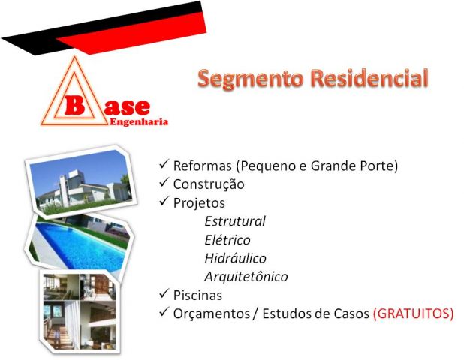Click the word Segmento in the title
tap(251, 79)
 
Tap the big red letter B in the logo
tap(74, 105)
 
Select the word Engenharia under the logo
tap(139, 122)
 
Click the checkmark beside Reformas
tap(164, 163)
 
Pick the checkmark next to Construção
tap(164, 182)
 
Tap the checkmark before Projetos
tap(164, 201)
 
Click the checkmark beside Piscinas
tap(164, 293)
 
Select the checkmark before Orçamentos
tap(164, 311)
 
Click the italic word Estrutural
tap(235, 221)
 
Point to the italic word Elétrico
tap(227, 240)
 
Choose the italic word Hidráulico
tap(235, 258)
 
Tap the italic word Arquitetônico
tap(246, 277)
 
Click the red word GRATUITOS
tap(414, 313)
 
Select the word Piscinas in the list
tap(197, 295)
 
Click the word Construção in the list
tap(209, 185)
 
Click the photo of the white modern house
tap(80, 181)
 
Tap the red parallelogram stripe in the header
tap(131, 33)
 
